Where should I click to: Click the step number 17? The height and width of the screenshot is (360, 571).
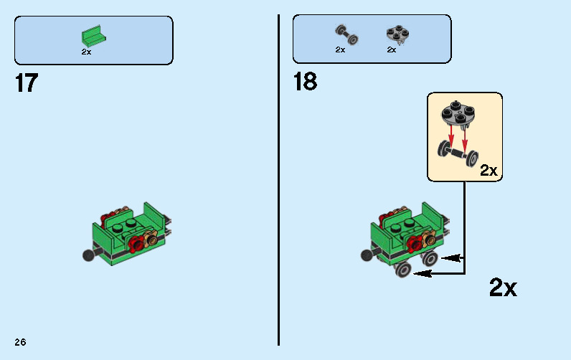[x=26, y=83]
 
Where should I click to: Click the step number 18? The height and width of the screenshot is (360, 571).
[x=305, y=82]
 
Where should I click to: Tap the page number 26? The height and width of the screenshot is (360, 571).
[x=19, y=342]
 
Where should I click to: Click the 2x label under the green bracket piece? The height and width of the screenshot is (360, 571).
[x=86, y=52]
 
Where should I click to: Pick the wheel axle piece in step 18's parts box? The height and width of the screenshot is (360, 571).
[x=346, y=34]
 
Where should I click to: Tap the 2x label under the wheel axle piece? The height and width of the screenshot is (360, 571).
[x=340, y=50]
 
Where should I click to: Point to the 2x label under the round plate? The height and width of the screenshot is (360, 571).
[x=392, y=50]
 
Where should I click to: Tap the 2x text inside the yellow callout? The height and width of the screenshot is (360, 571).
[x=489, y=171]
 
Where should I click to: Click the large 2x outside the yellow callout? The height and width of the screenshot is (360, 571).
[x=503, y=288]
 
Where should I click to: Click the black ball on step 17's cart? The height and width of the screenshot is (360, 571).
[x=88, y=255]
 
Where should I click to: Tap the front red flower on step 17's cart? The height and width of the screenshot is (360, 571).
[x=136, y=247]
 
